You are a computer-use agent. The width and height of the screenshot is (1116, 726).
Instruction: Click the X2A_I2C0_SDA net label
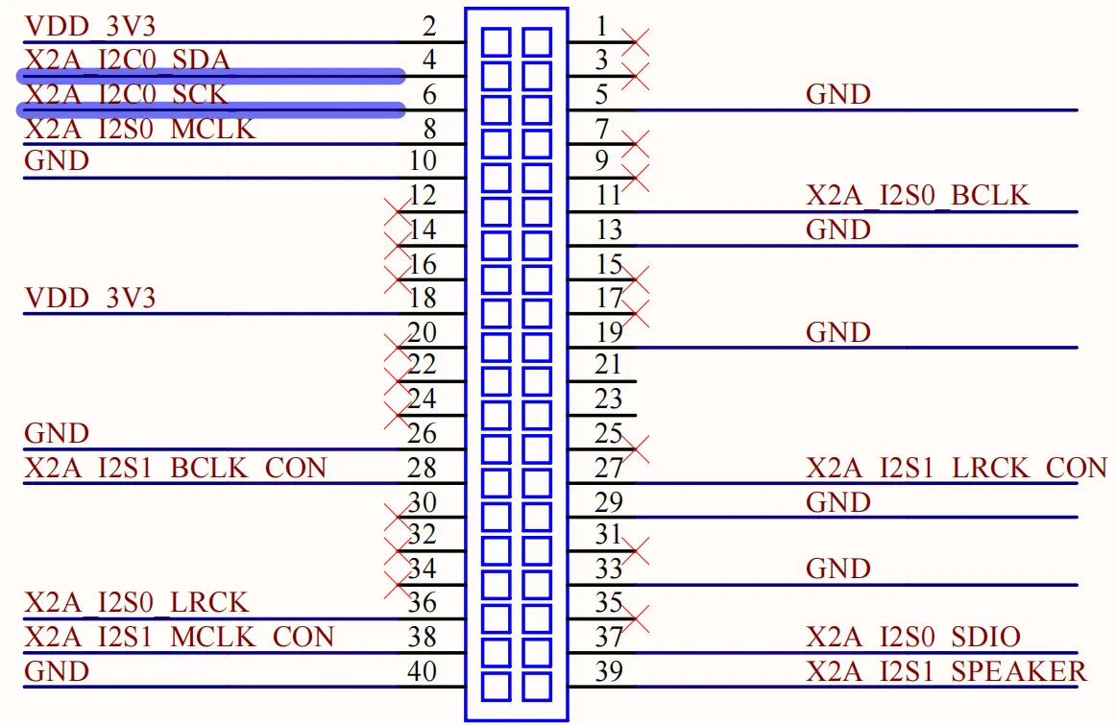128,60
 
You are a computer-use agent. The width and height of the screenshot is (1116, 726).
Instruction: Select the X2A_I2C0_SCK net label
126,95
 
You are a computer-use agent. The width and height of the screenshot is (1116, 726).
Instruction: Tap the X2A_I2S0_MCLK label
139,129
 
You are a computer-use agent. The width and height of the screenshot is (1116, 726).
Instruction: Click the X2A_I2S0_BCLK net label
917,195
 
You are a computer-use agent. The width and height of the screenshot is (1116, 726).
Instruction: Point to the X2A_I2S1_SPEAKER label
947,671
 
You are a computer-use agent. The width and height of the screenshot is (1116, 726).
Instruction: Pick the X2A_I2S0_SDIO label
913,637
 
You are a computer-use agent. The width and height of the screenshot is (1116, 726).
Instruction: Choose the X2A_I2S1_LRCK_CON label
957,468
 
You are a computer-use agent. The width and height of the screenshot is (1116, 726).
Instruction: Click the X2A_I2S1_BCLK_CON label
175,468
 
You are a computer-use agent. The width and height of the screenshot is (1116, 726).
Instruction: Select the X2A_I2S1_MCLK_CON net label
180,637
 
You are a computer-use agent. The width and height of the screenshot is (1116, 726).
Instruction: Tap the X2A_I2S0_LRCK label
136,602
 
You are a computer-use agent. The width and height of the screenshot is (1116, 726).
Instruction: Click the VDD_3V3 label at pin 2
89,26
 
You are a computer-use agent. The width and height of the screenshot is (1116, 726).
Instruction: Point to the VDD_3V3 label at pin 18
89,298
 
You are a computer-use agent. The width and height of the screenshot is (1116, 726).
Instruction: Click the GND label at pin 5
838,94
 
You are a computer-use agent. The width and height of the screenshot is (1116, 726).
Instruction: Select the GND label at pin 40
57,671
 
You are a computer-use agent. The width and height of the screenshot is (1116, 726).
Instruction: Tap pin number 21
609,364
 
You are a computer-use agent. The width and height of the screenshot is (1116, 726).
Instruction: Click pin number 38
422,637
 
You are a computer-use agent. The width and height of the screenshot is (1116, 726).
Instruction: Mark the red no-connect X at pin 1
635,42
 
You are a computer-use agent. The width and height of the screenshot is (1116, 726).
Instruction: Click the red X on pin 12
398,212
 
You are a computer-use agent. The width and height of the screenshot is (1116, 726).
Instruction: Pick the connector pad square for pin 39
537,687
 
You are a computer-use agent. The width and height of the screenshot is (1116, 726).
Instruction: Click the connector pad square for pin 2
497,42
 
